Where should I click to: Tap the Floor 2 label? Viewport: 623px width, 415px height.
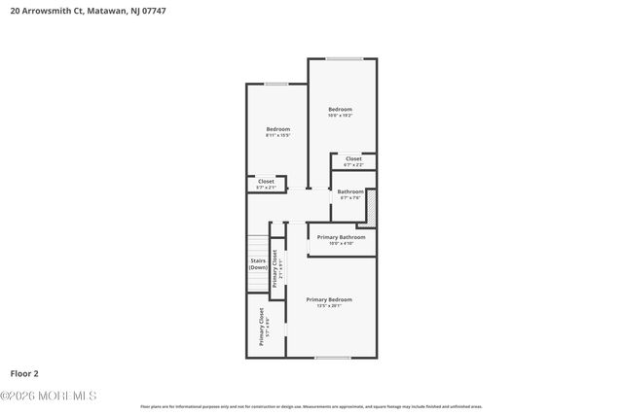[x=24, y=372]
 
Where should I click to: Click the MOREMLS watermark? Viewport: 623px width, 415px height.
[x=49, y=396]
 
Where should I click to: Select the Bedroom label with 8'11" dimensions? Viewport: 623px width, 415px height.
[x=278, y=129]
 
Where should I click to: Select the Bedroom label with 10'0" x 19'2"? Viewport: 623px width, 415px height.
[x=340, y=110]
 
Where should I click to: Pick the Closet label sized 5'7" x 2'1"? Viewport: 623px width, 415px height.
[x=266, y=182]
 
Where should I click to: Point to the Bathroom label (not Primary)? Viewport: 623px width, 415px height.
[x=350, y=192]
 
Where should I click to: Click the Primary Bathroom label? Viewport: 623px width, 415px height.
[x=341, y=237]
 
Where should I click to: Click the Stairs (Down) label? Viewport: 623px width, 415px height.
[x=258, y=264]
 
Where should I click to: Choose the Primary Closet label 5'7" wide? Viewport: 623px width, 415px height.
[x=262, y=328]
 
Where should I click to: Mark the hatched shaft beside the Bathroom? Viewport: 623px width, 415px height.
[x=370, y=210]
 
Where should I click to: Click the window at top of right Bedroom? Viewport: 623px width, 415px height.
[x=345, y=59]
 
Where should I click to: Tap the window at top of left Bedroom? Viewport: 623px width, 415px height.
[x=276, y=85]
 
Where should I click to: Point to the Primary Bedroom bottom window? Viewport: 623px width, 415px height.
[x=332, y=359]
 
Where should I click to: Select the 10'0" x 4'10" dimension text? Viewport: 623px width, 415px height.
[x=341, y=243]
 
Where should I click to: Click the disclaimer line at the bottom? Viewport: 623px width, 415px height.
[x=311, y=406]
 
